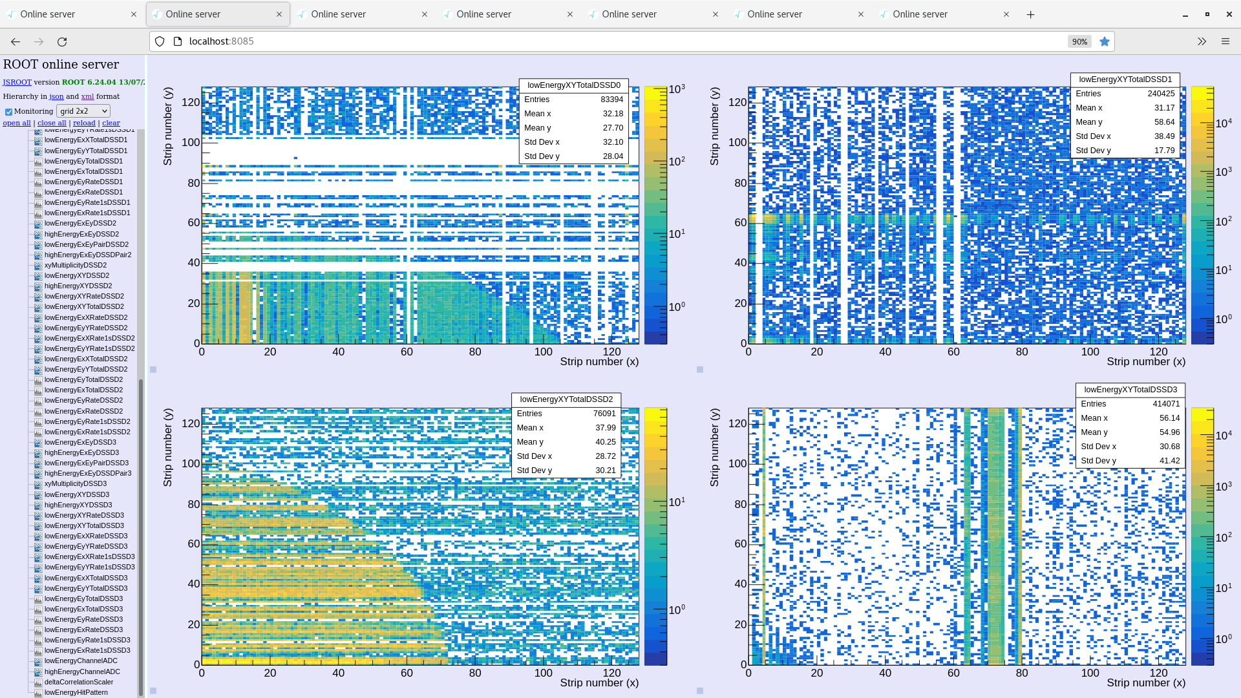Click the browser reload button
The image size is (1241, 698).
tap(62, 41)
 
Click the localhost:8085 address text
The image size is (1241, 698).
tap(221, 41)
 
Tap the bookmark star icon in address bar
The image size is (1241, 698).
tap(1105, 41)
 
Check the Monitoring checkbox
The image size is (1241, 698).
tap(9, 112)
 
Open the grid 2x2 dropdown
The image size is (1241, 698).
tap(83, 111)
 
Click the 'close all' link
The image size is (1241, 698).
tap(52, 123)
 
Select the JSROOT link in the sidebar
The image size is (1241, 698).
tap(17, 82)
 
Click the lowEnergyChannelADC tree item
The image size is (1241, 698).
tap(81, 661)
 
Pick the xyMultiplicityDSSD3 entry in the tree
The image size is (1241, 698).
tap(76, 483)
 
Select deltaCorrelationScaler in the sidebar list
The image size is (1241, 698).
tap(79, 682)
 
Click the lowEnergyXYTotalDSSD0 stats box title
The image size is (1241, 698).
tap(573, 85)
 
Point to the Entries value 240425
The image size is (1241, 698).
tap(1161, 94)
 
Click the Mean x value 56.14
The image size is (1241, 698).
tap(1169, 418)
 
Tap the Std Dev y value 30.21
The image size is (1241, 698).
tap(605, 471)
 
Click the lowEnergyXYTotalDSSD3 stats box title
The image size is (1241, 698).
tap(1130, 390)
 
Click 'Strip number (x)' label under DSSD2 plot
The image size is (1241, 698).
tap(599, 682)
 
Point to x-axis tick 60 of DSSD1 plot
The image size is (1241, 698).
tap(953, 352)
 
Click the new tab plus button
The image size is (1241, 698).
tap(1030, 14)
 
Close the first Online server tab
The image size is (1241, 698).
tap(134, 14)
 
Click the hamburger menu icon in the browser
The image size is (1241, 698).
tap(1225, 41)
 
